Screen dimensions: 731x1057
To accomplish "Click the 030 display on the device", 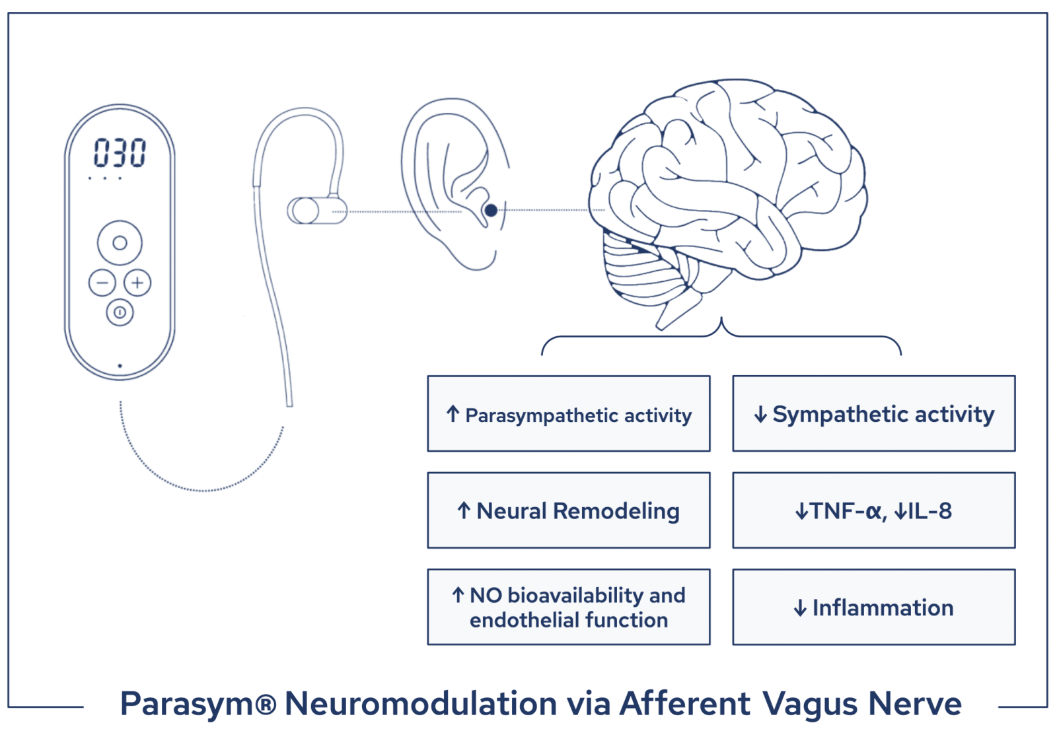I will coord(120,153).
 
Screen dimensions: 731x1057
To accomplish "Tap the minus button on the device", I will coord(102,283).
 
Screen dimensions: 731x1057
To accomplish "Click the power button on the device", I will coord(120,312).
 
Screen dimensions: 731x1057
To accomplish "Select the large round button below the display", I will coord(120,243).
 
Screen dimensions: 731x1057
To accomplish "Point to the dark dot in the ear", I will coord(491,211).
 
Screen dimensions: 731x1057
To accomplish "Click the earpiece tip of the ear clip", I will coord(303,211).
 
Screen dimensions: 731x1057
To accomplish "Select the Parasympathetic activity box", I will coord(568,414).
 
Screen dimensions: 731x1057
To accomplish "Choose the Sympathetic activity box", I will coord(873,414).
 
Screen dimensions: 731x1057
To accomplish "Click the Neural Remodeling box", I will coord(568,510).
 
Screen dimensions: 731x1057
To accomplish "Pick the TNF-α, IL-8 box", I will coord(873,510).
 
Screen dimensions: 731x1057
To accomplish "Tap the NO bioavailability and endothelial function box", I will coord(568,607).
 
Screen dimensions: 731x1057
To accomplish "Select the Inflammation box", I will coord(873,607).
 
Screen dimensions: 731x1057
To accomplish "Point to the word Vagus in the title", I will coord(811,704).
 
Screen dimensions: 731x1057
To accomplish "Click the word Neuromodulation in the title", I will coord(421,704).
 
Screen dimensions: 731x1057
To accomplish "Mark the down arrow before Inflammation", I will coord(800,608).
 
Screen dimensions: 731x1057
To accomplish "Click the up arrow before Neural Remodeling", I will coord(464,510).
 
